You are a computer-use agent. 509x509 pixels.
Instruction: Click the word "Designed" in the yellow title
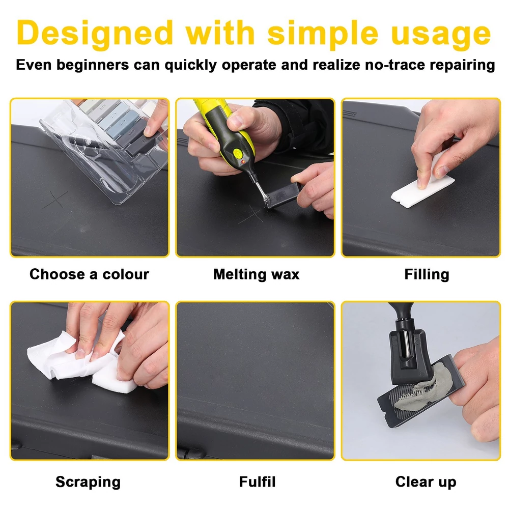95,34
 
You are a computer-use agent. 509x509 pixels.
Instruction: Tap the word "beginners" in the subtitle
93,65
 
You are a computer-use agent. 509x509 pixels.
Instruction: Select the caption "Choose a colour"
89,274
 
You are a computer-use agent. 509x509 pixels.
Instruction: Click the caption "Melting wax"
256,274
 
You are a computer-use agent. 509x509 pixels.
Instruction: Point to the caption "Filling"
427,275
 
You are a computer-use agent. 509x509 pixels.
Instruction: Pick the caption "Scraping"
88,482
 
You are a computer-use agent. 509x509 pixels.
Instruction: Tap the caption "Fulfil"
257,482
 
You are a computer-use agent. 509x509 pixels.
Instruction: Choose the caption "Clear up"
426,482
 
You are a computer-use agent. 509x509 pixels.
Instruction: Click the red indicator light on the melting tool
243,161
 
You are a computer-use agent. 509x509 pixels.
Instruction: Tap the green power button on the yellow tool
237,152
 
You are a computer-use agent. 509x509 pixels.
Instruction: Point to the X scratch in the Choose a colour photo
55,200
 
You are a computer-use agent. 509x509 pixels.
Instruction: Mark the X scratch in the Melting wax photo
251,215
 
